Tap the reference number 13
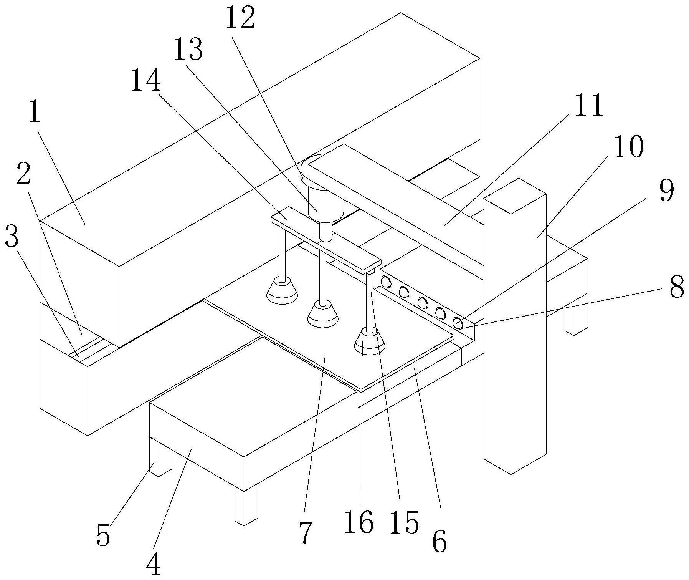pos(188,50)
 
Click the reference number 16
pos(359,522)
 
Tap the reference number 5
pos(103,534)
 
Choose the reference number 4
pos(154,564)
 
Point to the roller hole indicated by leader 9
pos(458,323)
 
